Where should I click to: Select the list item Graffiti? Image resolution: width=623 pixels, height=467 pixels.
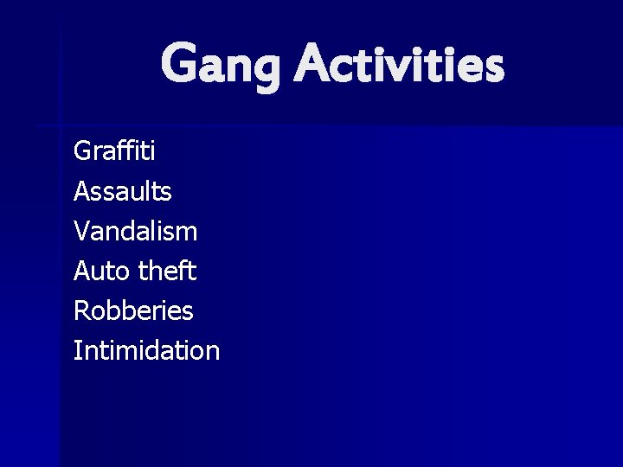point(115,151)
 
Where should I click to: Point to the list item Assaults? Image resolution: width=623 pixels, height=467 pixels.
point(123,191)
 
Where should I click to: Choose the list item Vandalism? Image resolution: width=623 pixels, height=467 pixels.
point(136,231)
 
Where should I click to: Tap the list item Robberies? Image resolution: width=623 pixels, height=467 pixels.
point(133,310)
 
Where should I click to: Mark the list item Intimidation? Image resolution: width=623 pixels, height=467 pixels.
point(146,350)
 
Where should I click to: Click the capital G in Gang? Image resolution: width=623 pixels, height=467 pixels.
point(180,66)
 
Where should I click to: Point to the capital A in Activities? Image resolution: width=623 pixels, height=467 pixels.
point(315,66)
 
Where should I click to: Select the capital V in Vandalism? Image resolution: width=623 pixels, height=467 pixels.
point(83,231)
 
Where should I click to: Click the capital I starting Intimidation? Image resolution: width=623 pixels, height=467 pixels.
point(78,350)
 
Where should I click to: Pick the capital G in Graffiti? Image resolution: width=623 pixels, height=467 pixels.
point(85,151)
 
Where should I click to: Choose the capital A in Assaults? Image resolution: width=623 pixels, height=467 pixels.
point(84,191)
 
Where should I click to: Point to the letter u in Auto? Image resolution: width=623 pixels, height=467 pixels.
point(101,272)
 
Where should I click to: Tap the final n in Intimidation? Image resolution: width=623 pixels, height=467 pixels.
point(212,352)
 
